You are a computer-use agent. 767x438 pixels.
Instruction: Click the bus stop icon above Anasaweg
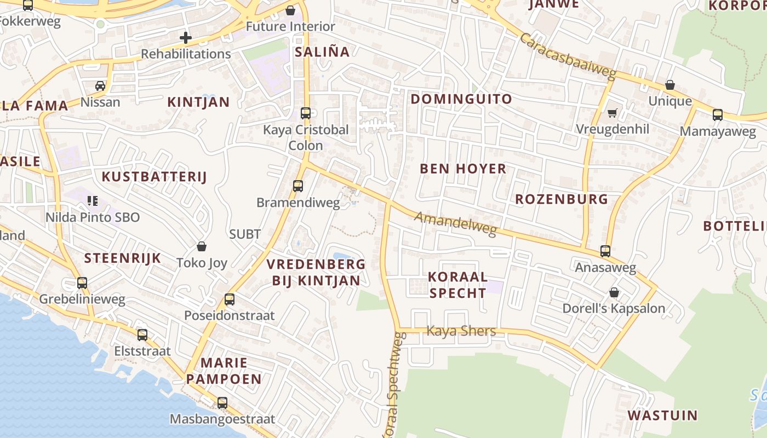click(605, 251)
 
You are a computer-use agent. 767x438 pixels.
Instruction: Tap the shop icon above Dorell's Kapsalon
click(614, 292)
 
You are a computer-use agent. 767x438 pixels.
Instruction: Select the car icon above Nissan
click(100, 86)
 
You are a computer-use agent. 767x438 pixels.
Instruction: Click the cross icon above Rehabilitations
click(186, 38)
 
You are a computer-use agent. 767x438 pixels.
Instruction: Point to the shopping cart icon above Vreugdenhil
click(613, 113)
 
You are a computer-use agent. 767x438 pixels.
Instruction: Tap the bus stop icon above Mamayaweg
click(718, 115)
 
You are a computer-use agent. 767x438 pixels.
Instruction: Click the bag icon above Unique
click(670, 85)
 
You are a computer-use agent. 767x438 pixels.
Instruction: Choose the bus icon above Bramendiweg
click(298, 186)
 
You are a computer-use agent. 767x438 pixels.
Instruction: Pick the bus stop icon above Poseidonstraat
click(230, 299)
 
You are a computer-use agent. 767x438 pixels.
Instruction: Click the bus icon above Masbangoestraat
click(222, 403)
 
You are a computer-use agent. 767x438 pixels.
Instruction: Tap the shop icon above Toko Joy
click(202, 246)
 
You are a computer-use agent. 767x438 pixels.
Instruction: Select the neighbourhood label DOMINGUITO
click(461, 99)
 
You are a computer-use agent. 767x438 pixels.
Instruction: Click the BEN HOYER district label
click(463, 169)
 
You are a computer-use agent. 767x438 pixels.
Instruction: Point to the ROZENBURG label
click(562, 199)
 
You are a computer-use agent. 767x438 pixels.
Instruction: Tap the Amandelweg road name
click(455, 224)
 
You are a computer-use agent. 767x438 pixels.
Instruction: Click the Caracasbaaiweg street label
click(568, 56)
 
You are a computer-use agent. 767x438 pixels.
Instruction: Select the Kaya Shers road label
click(461, 331)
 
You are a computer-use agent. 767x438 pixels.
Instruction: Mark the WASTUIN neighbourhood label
click(662, 415)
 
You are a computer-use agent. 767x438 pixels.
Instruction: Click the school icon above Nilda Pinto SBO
click(93, 201)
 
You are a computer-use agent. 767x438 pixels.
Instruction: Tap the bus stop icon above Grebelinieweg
click(82, 283)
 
